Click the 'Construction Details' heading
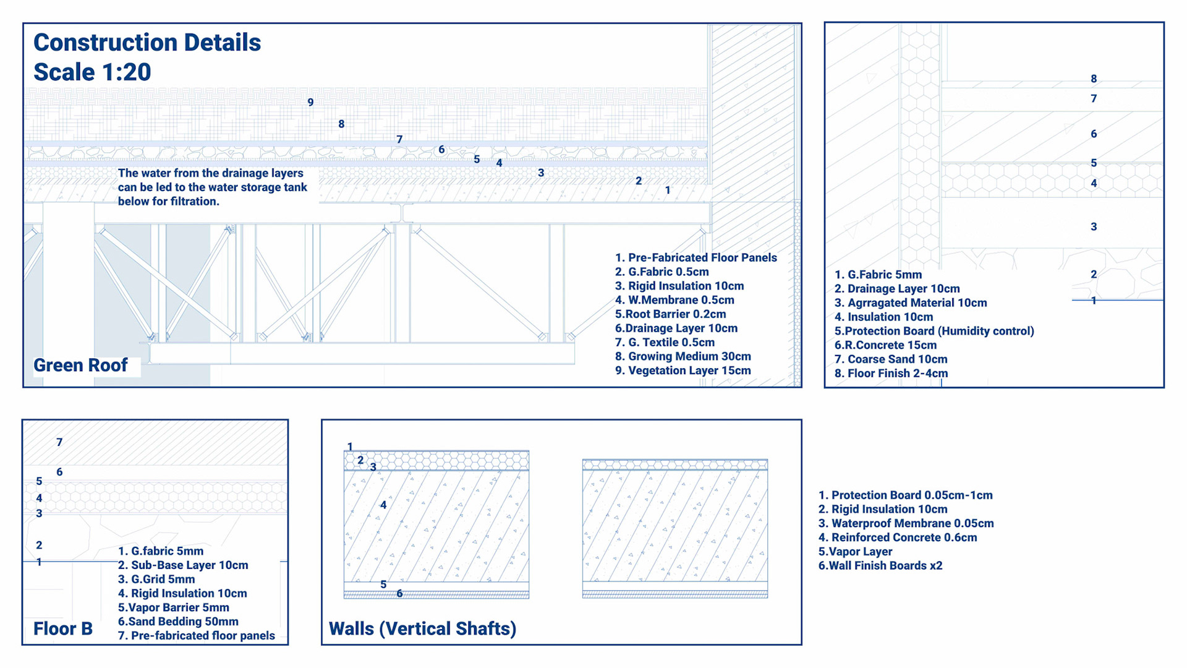point(147,43)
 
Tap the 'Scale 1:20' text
point(92,72)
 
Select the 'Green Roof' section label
point(80,366)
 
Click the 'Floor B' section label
point(63,629)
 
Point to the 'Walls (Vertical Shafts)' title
point(422,629)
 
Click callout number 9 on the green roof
point(310,103)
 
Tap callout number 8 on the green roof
point(341,124)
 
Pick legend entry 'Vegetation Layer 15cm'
point(683,370)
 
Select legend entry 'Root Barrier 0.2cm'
point(671,314)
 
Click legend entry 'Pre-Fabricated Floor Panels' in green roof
point(696,258)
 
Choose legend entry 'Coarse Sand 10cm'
point(891,359)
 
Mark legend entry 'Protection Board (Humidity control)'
point(934,331)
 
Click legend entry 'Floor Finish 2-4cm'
point(891,374)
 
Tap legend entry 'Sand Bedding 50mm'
point(178,622)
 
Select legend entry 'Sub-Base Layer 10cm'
point(183,565)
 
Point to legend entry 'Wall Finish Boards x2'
point(880,566)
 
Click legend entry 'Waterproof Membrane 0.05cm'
point(906,523)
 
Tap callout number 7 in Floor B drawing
point(59,442)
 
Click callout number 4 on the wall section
point(383,505)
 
